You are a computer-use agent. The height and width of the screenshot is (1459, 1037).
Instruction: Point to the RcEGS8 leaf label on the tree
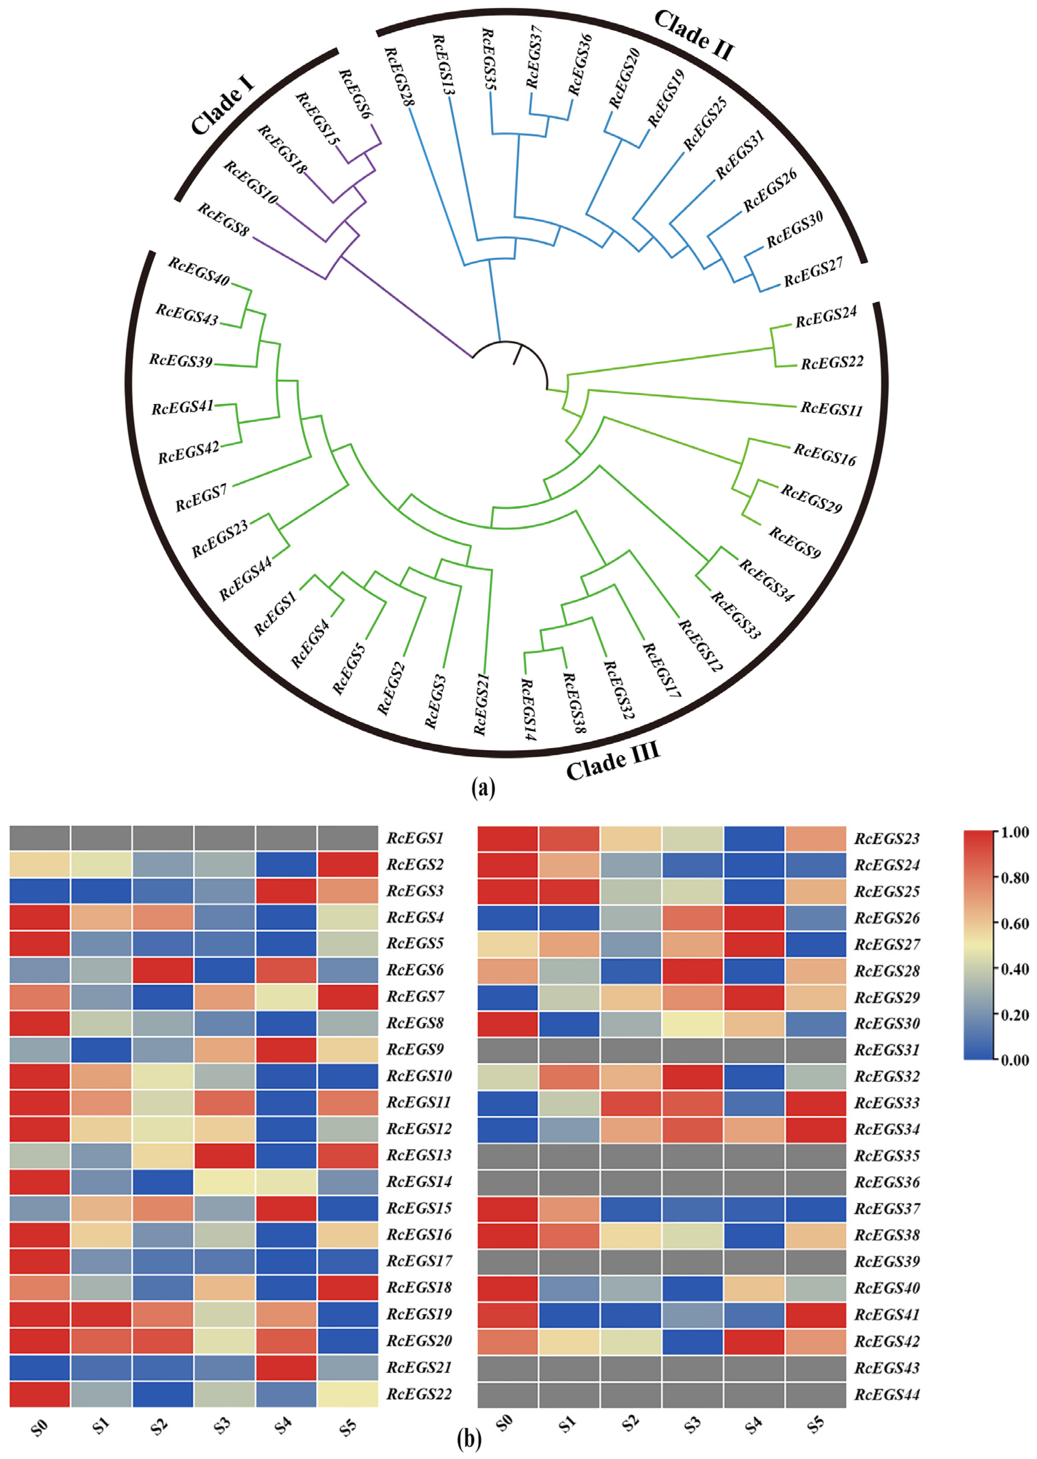(223, 219)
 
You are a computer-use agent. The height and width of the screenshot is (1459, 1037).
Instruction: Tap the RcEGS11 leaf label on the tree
(831, 409)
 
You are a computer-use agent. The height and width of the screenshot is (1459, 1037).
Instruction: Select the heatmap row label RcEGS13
(419, 1155)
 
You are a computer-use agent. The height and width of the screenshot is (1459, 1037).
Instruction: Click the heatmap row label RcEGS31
(887, 1049)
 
